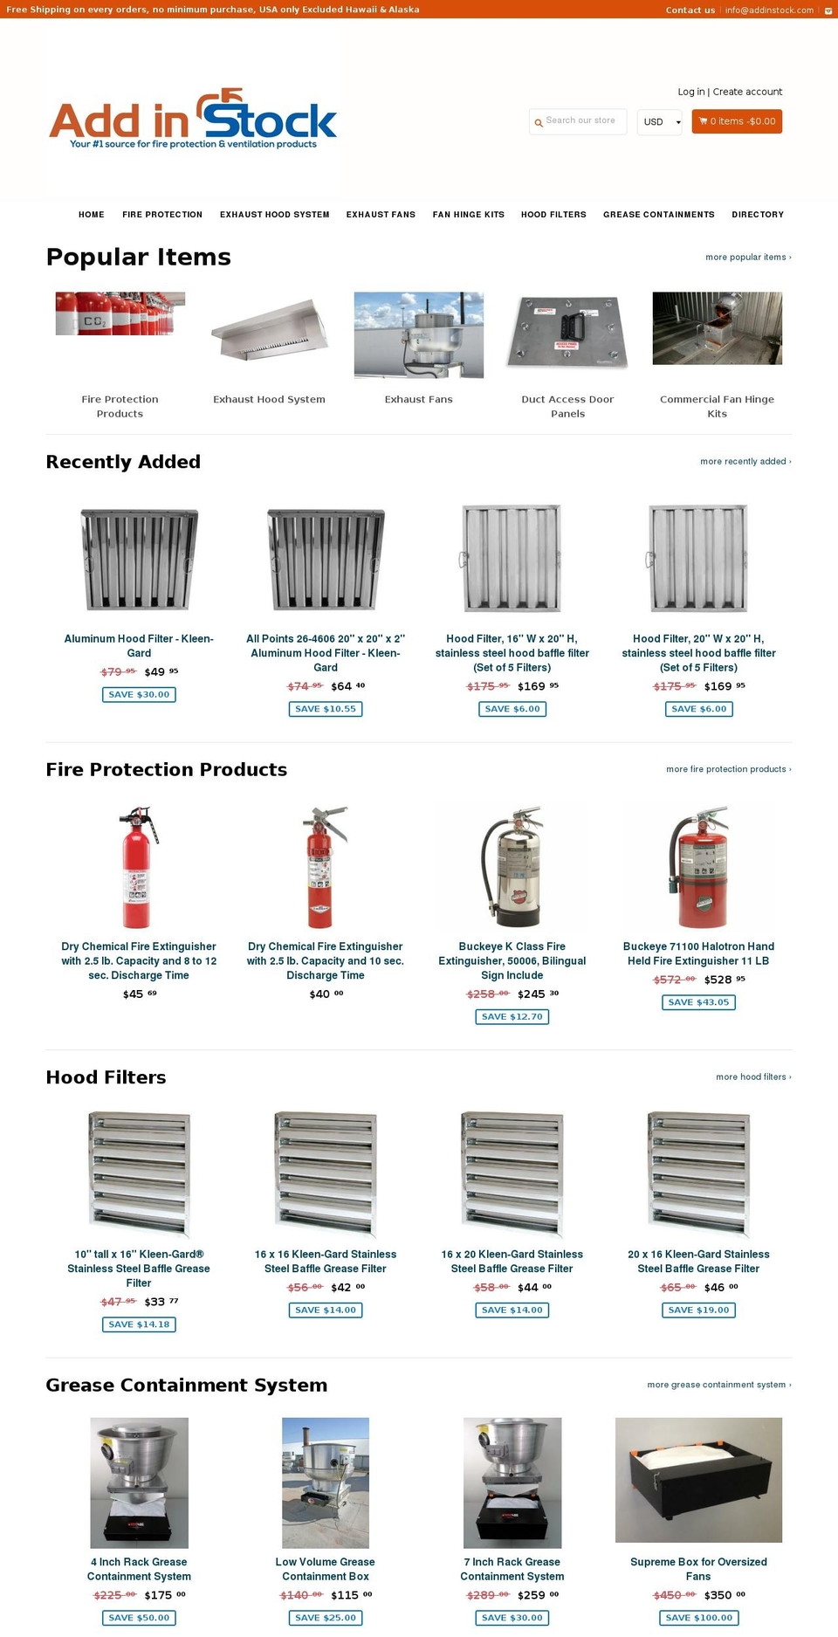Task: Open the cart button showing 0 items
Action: tap(737, 121)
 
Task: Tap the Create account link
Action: tap(747, 92)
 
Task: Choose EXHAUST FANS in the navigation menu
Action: tap(381, 215)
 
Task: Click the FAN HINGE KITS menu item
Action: tap(468, 215)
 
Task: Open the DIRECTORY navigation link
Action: tap(758, 215)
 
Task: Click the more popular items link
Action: tap(747, 258)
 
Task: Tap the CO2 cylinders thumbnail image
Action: tap(120, 314)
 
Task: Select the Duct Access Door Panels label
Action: tap(567, 406)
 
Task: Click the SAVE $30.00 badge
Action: tap(139, 695)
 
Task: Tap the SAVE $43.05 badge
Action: tap(698, 1002)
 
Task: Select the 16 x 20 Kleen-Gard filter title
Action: tap(512, 1262)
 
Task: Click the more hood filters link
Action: tap(752, 1077)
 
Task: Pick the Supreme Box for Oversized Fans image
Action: tap(698, 1480)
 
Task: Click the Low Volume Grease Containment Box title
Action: tap(326, 1569)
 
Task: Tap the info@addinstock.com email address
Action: tap(769, 10)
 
